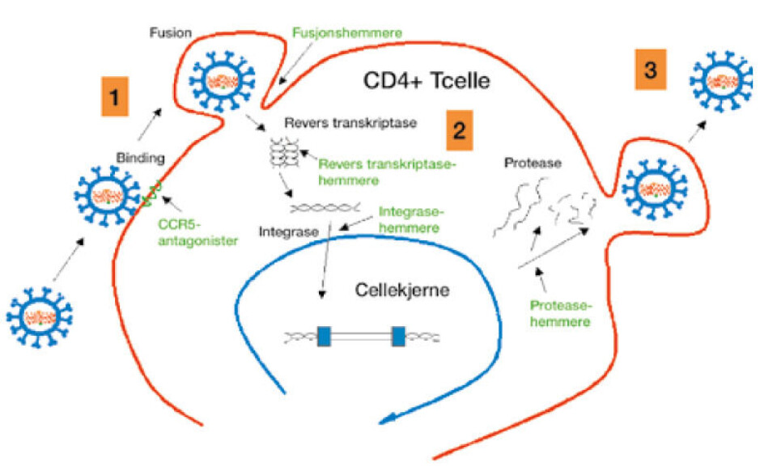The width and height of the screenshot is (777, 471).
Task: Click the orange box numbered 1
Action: [115, 99]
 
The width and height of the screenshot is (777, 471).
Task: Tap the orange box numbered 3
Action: [649, 71]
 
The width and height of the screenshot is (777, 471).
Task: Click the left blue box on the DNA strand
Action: [325, 336]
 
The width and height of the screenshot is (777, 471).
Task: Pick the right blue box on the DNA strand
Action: [398, 336]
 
